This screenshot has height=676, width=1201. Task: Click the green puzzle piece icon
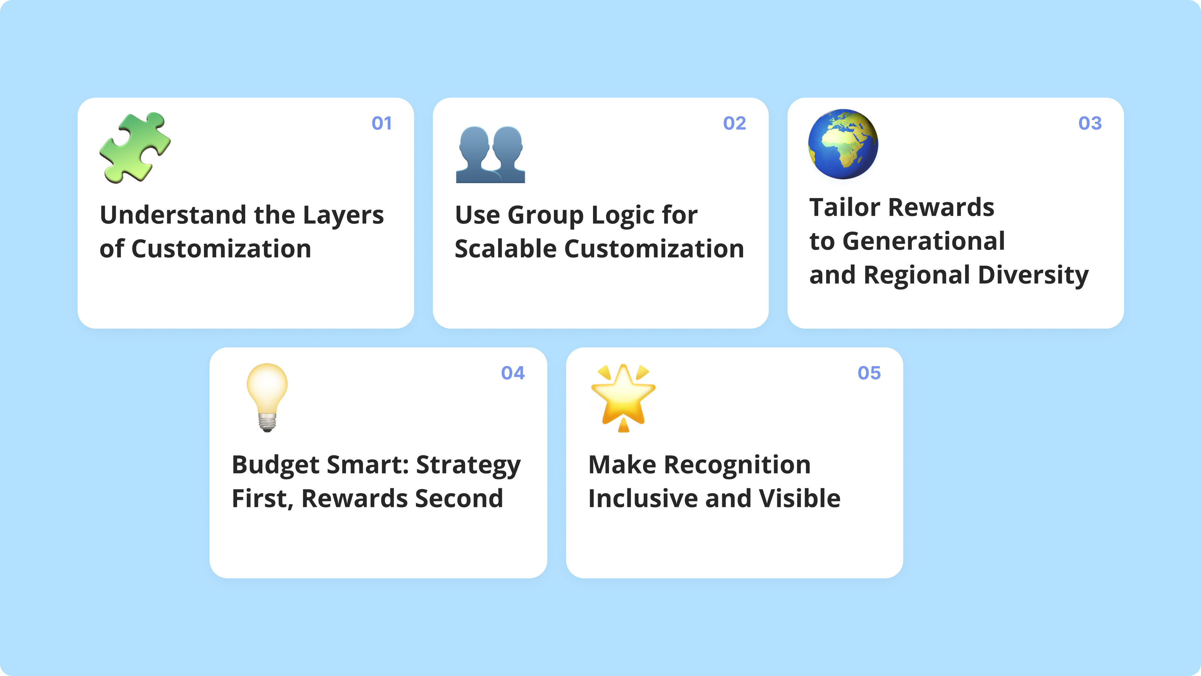tap(135, 147)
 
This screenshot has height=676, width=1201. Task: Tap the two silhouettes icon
tap(490, 154)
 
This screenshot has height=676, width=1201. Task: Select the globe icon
tap(843, 144)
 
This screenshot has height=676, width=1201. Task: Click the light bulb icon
tap(267, 397)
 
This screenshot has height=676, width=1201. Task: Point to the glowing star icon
tap(623, 397)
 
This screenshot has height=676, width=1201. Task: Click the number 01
tap(381, 124)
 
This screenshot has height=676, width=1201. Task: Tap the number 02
tap(734, 124)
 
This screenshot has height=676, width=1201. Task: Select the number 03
tap(1090, 124)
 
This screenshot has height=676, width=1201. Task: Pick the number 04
tap(512, 373)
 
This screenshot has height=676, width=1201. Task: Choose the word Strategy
tap(468, 466)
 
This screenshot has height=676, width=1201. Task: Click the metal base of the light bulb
tap(267, 423)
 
